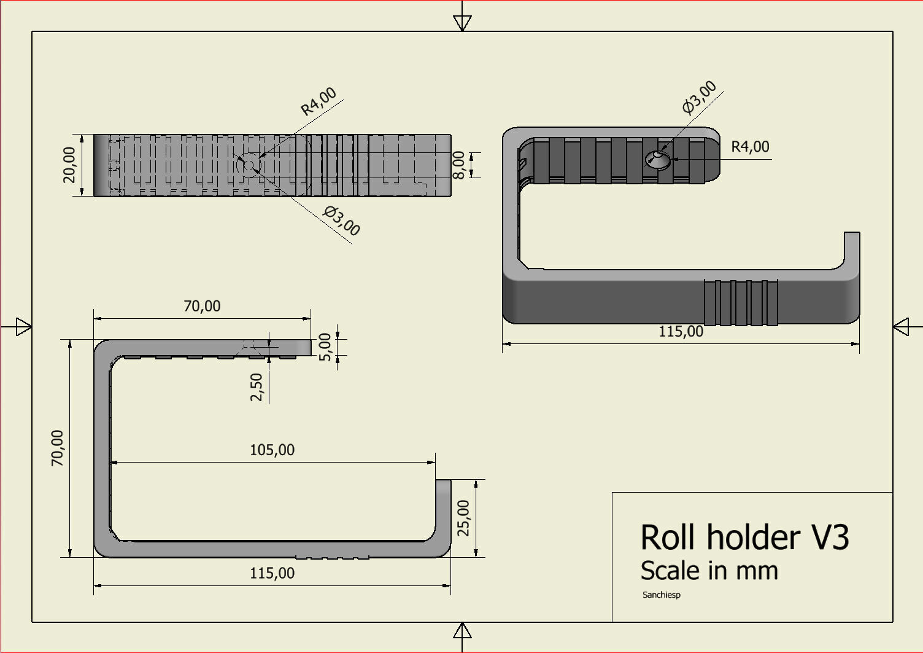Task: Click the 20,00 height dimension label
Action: pyautogui.click(x=69, y=165)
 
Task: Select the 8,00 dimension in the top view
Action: pyautogui.click(x=459, y=165)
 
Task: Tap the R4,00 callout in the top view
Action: pyautogui.click(x=319, y=101)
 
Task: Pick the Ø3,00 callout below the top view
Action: pyautogui.click(x=342, y=221)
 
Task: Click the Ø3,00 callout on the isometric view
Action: pyautogui.click(x=700, y=97)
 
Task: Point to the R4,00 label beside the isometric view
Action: pyautogui.click(x=750, y=147)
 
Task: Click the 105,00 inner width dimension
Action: pyautogui.click(x=272, y=450)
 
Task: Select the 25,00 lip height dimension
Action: pyautogui.click(x=464, y=518)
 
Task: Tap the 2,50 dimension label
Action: pyautogui.click(x=257, y=387)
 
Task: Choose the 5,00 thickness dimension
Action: pyautogui.click(x=325, y=347)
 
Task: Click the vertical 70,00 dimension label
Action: pyautogui.click(x=57, y=448)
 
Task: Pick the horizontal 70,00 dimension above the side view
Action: pyautogui.click(x=202, y=306)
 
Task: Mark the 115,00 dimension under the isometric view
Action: pyautogui.click(x=681, y=332)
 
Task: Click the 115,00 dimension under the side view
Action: pyautogui.click(x=272, y=574)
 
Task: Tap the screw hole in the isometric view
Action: pyautogui.click(x=658, y=159)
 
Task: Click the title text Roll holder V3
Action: pyautogui.click(x=744, y=538)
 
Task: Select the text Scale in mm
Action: pyautogui.click(x=709, y=571)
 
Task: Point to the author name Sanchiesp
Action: pyautogui.click(x=661, y=595)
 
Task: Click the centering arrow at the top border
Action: pyautogui.click(x=462, y=22)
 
